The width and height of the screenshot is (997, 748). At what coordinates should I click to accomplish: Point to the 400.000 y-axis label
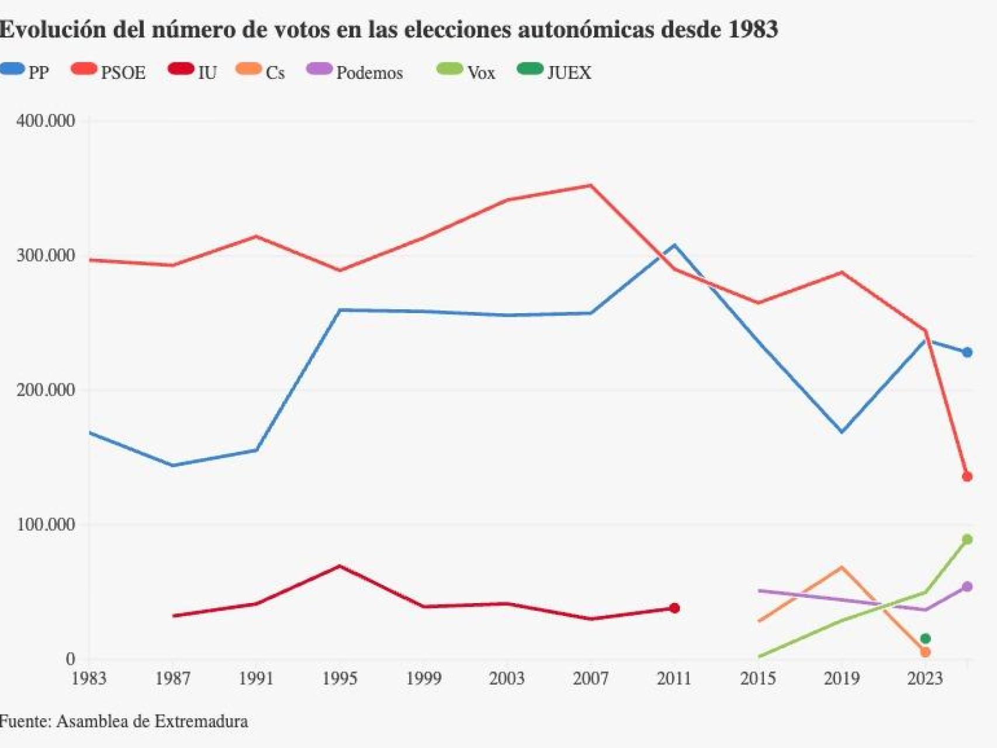click(x=46, y=121)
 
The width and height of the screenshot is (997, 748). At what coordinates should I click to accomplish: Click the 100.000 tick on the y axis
click(x=46, y=524)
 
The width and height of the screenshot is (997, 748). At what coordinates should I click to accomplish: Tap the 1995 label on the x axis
click(x=340, y=678)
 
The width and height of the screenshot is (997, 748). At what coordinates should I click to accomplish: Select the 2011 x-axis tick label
click(x=674, y=678)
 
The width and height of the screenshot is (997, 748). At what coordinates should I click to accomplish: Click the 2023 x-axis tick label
click(x=925, y=678)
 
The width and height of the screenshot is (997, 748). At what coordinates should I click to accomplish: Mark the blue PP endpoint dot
click(x=967, y=352)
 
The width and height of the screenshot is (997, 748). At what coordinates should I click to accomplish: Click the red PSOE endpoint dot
click(x=967, y=477)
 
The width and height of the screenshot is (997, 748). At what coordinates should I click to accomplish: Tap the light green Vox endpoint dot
click(x=967, y=539)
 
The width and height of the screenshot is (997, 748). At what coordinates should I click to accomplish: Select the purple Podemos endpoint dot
click(x=967, y=587)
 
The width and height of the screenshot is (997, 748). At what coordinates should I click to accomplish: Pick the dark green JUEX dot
click(x=925, y=639)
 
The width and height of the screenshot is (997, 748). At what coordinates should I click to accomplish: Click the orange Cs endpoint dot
click(x=925, y=652)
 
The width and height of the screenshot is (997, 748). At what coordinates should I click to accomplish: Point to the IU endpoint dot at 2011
click(x=674, y=608)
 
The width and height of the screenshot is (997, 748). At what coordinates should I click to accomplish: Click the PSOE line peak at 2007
click(x=591, y=186)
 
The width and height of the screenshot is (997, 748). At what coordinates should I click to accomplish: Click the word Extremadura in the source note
click(x=201, y=721)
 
